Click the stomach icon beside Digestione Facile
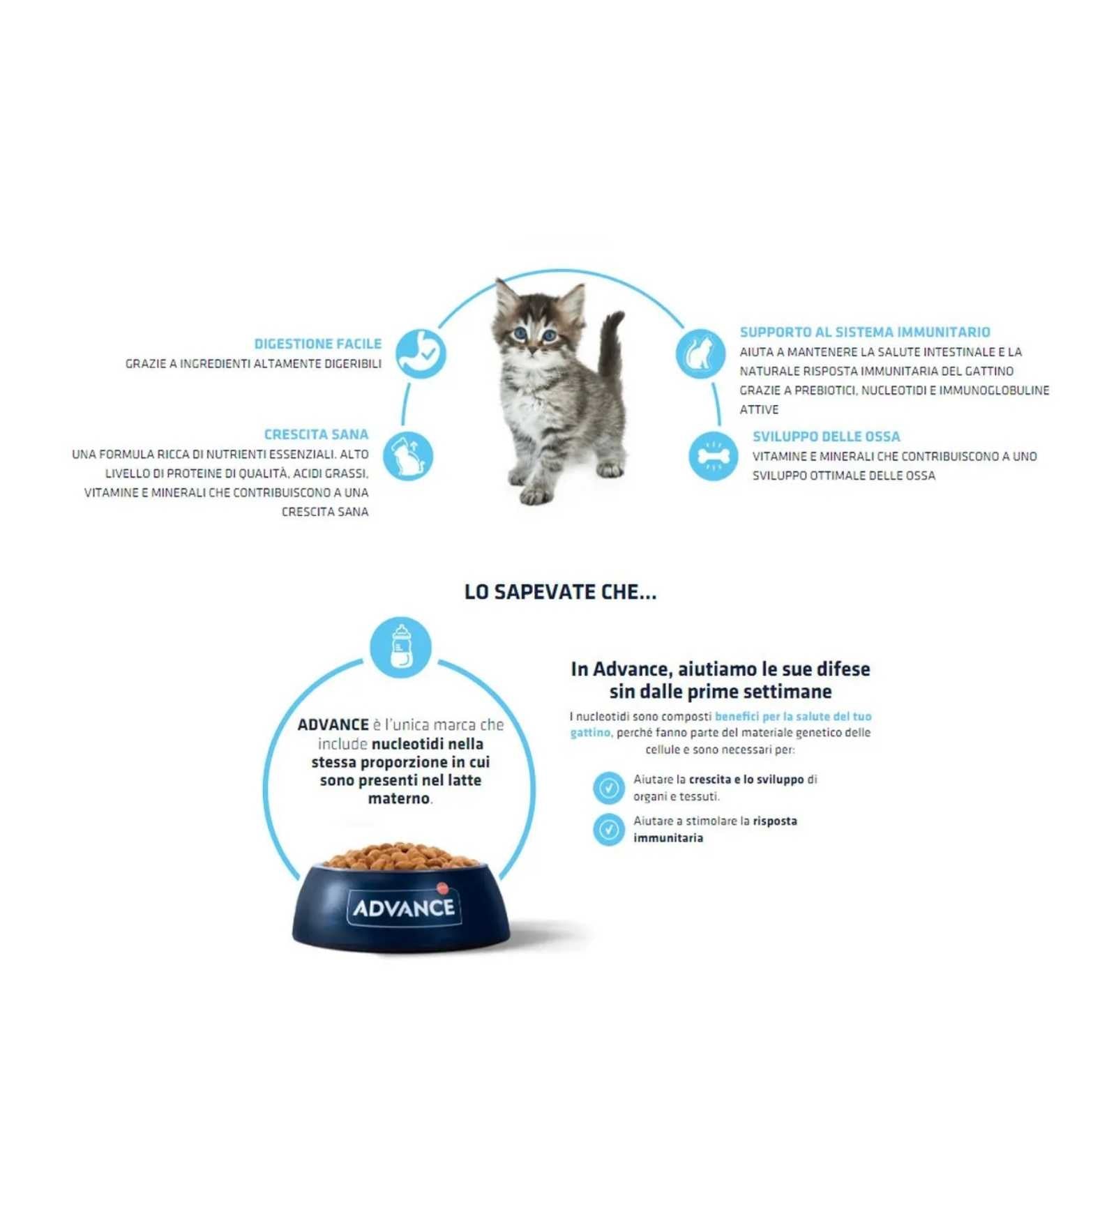[x=421, y=354]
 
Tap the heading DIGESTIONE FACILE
[x=317, y=344]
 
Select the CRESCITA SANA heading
[x=316, y=434]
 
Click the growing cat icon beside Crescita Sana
[x=408, y=456]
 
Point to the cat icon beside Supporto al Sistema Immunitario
[x=700, y=354]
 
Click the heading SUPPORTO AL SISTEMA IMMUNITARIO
[x=865, y=332]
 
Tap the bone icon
[x=713, y=456]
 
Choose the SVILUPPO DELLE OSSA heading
[x=826, y=436]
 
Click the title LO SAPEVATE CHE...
[x=560, y=592]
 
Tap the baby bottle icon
[x=400, y=647]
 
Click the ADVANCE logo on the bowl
[x=404, y=907]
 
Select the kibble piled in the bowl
[x=400, y=855]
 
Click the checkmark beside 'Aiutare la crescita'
[x=609, y=788]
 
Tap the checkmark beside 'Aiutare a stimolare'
[x=609, y=830]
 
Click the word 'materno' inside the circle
[x=398, y=798]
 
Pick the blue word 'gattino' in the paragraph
[x=590, y=733]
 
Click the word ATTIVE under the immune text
[x=759, y=409]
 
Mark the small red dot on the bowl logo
[x=441, y=888]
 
